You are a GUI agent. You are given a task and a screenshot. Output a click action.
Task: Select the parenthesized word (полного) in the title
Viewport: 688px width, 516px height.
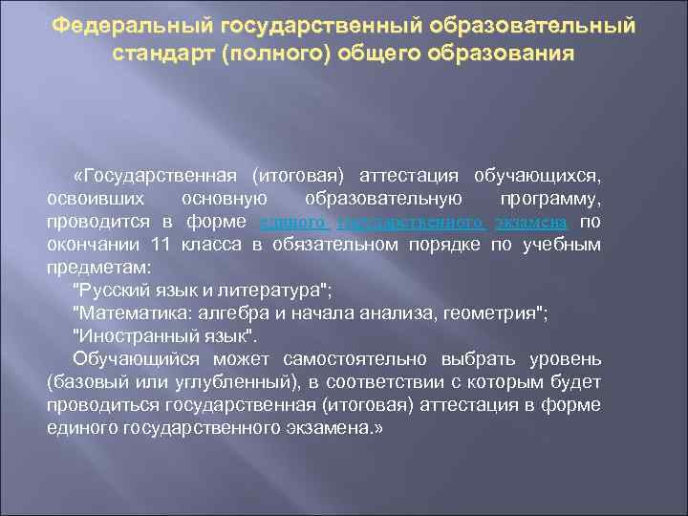272,54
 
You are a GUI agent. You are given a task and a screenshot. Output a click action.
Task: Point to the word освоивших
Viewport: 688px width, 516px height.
95,199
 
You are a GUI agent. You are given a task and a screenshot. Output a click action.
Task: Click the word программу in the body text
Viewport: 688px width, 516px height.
549,199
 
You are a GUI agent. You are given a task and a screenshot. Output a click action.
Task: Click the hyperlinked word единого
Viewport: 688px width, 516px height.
294,222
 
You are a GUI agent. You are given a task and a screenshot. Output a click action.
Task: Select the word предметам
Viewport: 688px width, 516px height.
92,267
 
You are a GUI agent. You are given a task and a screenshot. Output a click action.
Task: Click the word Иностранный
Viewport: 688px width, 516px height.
133,335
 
